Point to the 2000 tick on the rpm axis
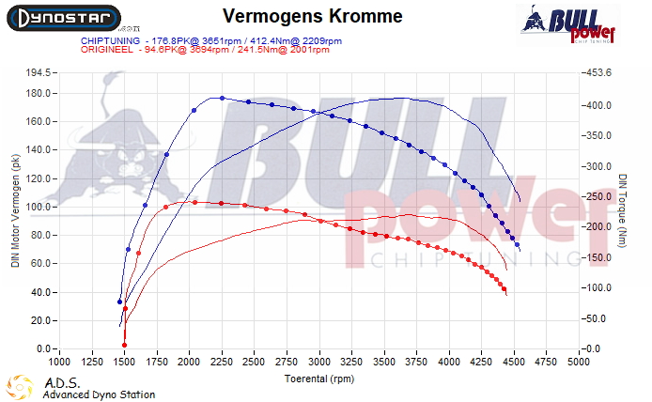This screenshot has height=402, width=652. [189, 360]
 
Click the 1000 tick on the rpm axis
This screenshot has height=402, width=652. [59, 360]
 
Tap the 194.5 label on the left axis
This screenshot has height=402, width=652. [39, 72]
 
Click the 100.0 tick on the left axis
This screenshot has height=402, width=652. [39, 207]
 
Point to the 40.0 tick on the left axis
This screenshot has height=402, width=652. [41, 292]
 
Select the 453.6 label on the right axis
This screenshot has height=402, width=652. [600, 72]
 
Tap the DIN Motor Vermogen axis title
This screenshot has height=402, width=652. [15, 211]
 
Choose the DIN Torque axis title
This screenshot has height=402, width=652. [623, 210]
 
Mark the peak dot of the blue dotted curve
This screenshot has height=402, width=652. [222, 98]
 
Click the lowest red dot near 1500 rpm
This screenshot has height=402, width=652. [124, 345]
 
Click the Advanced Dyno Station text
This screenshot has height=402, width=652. [99, 394]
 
